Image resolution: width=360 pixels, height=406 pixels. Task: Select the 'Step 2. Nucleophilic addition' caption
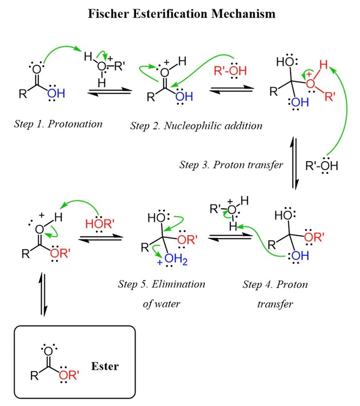(196, 126)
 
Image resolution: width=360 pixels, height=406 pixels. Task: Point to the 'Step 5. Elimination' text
(162, 284)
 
